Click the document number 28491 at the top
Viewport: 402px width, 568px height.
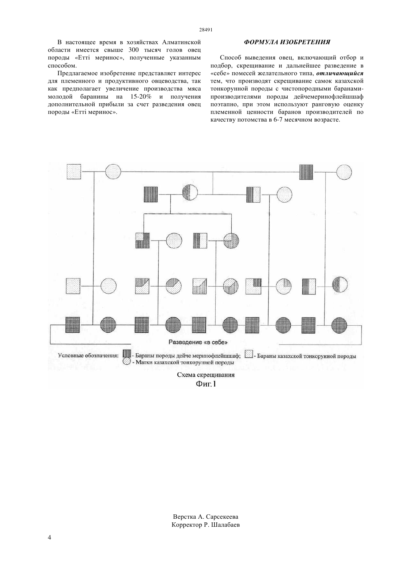tap(205, 30)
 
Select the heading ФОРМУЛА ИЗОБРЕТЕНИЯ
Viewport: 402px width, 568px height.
tap(287, 42)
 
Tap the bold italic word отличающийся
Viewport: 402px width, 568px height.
tap(340, 73)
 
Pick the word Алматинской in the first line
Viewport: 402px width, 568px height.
tap(182, 42)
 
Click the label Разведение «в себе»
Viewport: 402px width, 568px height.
tap(198, 342)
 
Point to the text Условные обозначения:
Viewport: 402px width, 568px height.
tap(88, 355)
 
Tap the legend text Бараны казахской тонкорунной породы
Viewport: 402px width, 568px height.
tap(306, 356)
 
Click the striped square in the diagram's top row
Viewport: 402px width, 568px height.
tap(306, 172)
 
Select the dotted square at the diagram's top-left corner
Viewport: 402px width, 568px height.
tap(74, 172)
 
